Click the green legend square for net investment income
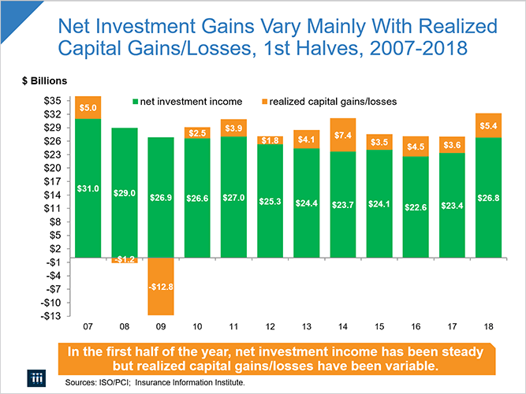tap(135, 101)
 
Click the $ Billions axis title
tap(44, 81)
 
